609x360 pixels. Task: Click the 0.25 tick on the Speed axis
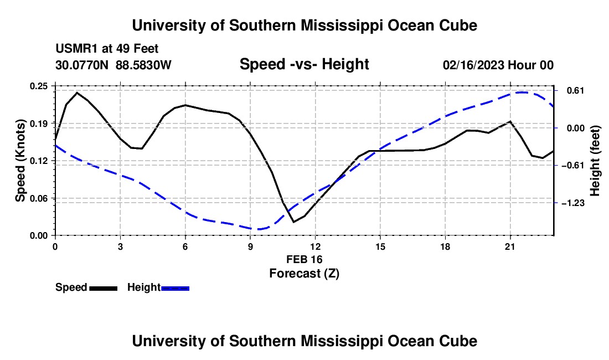click(x=39, y=86)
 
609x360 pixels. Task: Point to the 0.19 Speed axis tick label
click(x=39, y=124)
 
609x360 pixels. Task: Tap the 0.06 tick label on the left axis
click(x=39, y=198)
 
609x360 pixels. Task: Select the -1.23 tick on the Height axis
click(x=572, y=203)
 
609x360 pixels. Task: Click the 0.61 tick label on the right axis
click(x=576, y=90)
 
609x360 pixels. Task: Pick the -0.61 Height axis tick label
click(x=572, y=166)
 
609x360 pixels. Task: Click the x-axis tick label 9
click(x=250, y=246)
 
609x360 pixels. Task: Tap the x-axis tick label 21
click(x=510, y=246)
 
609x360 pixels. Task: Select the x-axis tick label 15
click(x=380, y=246)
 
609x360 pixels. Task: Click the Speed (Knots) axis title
click(x=20, y=161)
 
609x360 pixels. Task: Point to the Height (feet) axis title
click(x=595, y=161)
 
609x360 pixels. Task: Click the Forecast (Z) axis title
click(x=304, y=274)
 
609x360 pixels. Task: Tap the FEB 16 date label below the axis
click(x=304, y=259)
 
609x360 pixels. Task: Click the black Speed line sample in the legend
click(x=104, y=289)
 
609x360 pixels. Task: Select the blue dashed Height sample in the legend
click(x=175, y=289)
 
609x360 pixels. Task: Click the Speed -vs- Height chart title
click(x=304, y=64)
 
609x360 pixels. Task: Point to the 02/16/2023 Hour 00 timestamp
click(x=498, y=65)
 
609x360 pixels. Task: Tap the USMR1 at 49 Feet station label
click(x=107, y=49)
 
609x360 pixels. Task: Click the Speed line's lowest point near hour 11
click(x=293, y=222)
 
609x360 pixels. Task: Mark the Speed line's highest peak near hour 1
click(x=78, y=92)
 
